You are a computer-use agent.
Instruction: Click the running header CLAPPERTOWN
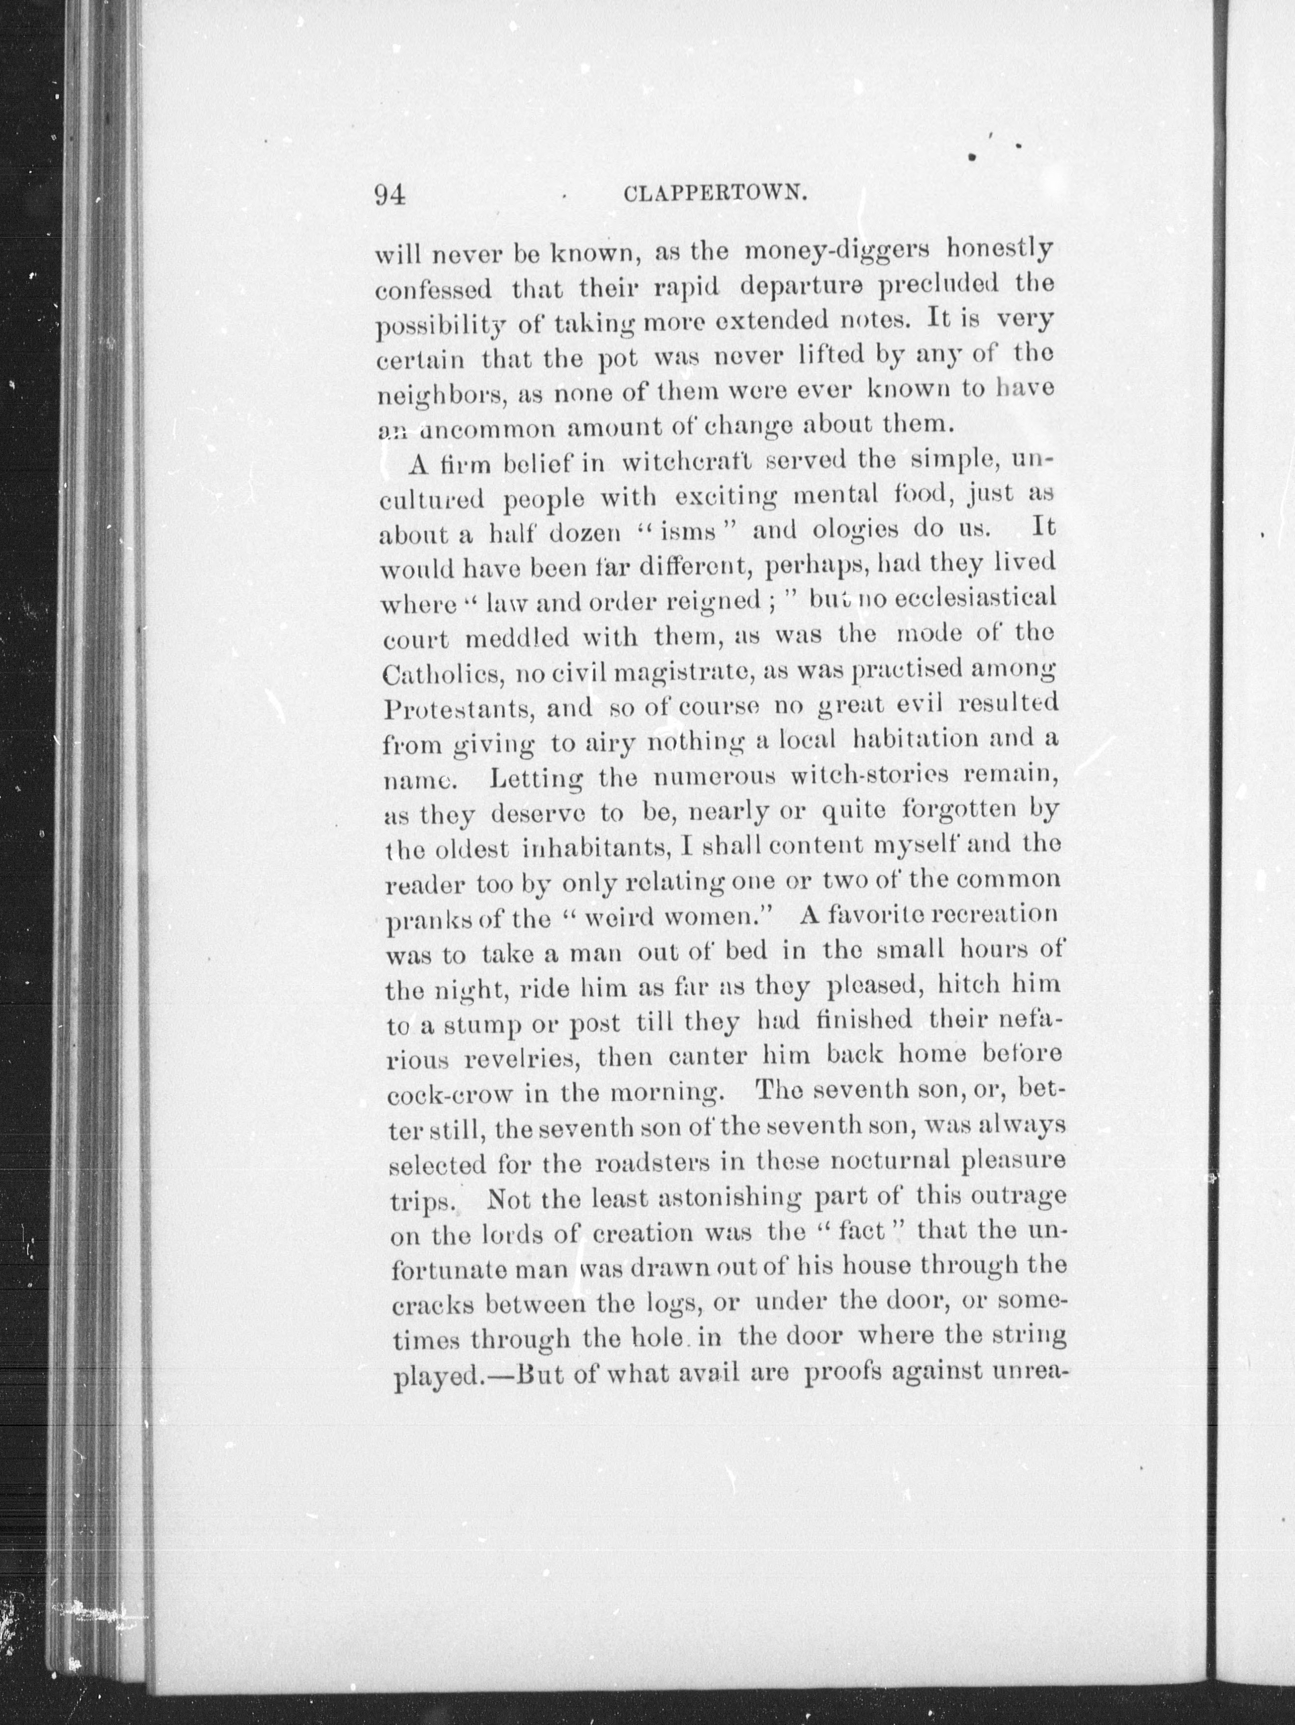pyautogui.click(x=715, y=195)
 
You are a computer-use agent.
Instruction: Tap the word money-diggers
pyautogui.click(x=837, y=252)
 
